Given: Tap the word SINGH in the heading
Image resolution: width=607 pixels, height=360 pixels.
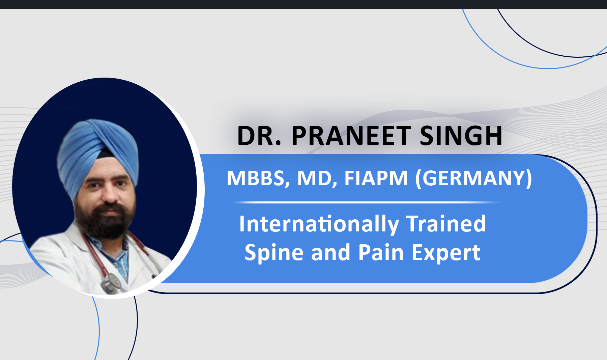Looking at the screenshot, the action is coord(461,136).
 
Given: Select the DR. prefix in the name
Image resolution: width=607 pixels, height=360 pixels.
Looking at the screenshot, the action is coord(259,136).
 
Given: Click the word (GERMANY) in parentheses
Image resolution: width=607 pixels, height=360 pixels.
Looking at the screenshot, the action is coord(473,178).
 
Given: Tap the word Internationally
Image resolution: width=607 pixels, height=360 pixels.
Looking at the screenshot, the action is coord(319,224).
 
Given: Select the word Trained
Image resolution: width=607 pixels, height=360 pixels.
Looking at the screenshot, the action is coord(446,224).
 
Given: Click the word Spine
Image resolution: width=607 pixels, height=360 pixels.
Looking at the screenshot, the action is coord(273,253).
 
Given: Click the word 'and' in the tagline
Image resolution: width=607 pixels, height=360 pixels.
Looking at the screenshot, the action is coord(330,252).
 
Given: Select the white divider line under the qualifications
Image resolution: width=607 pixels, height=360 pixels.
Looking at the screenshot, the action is coord(368,202).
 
